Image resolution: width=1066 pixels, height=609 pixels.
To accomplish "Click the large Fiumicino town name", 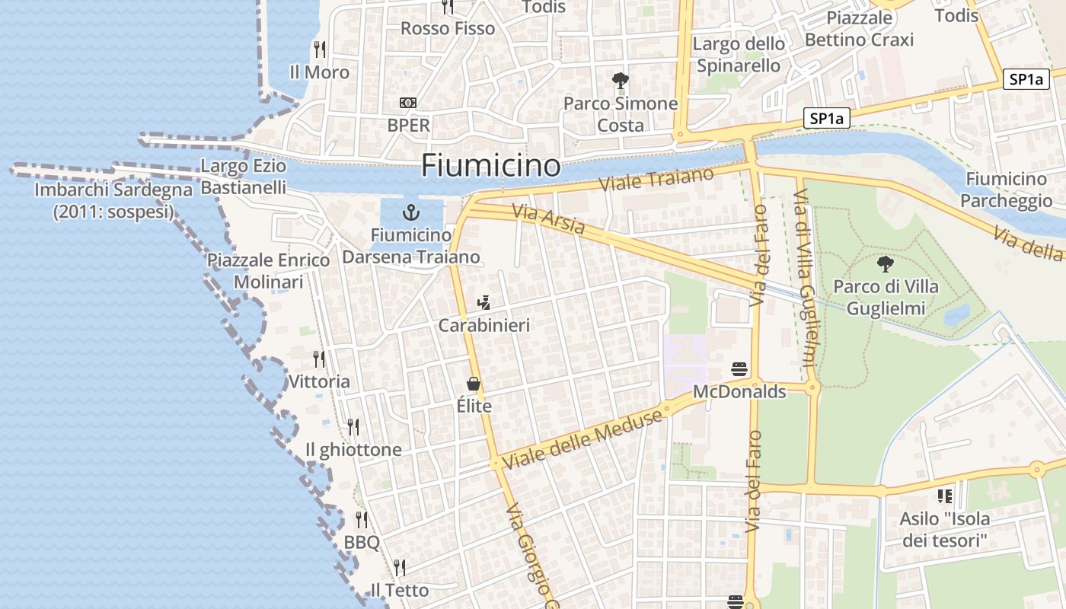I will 490,165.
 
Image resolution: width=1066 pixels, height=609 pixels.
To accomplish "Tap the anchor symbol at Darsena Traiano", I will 411,212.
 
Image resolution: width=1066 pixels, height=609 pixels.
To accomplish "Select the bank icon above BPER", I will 408,103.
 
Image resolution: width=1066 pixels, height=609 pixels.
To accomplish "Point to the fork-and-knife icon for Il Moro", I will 320,49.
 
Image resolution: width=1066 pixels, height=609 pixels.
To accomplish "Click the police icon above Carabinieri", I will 484,303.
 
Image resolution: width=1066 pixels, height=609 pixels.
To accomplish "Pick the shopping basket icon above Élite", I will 474,383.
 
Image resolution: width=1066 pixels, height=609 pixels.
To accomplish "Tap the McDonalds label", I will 739,392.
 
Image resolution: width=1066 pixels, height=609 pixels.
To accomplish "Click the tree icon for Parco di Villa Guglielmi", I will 885,264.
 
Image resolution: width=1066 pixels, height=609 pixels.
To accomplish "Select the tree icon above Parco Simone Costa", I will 621,80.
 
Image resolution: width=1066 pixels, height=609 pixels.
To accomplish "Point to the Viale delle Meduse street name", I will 582,439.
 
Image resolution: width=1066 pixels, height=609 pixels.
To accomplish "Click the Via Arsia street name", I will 549,219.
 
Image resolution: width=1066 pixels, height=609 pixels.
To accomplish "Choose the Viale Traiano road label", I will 656,180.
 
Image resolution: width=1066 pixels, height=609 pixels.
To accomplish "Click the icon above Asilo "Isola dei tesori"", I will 945,496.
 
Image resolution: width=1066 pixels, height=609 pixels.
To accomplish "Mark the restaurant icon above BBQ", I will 362,520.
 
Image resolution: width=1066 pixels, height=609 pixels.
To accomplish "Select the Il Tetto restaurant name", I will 399,590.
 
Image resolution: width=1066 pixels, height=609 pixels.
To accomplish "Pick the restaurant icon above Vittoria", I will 319,359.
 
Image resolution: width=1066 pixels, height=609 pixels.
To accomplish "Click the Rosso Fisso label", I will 448,28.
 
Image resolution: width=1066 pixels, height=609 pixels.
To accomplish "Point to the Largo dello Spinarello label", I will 738,55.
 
